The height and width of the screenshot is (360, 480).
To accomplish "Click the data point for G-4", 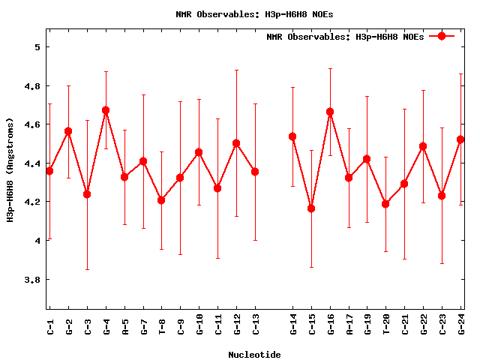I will pyautogui.click(x=106, y=110).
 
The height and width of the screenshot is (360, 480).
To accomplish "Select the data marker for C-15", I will pyautogui.click(x=311, y=208).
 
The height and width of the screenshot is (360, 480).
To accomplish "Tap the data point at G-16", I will pyautogui.click(x=330, y=112).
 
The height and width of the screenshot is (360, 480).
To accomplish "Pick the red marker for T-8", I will pyautogui.click(x=161, y=200).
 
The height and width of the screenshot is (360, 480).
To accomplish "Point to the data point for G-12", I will pyautogui.click(x=236, y=143).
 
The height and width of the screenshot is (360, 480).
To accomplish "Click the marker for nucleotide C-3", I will pyautogui.click(x=87, y=194).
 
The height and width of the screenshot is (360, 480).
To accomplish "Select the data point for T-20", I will pyautogui.click(x=385, y=204).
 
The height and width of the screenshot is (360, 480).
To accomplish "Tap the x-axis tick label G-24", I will pyautogui.click(x=461, y=323).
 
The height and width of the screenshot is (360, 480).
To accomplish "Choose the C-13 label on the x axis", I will pyautogui.click(x=256, y=323).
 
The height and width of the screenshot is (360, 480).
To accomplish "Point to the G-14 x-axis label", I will pyautogui.click(x=293, y=323).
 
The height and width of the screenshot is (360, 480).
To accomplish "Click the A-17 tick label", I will pyautogui.click(x=349, y=323).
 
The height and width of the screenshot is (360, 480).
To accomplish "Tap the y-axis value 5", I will pyautogui.click(x=37, y=46).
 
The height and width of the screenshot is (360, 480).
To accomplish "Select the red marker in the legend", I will pyautogui.click(x=442, y=36).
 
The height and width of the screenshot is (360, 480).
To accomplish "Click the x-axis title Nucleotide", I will pyautogui.click(x=255, y=354).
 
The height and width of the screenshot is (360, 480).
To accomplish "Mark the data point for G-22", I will pyautogui.click(x=423, y=146).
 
